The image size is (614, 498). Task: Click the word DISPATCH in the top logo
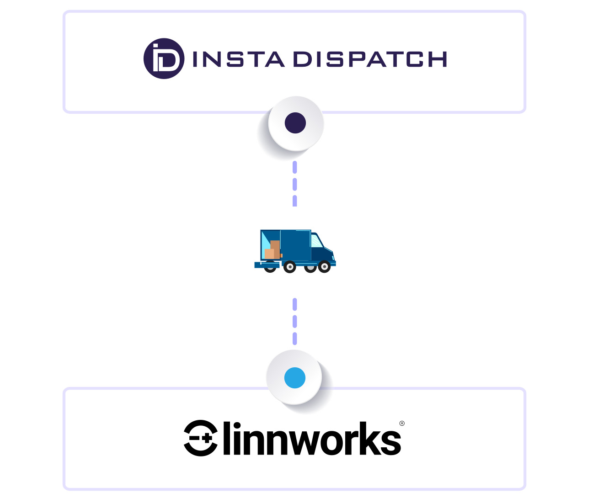click(369, 59)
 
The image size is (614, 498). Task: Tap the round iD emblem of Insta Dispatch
click(164, 58)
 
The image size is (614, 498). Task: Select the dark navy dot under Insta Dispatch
click(295, 123)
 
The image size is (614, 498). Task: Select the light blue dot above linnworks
click(295, 378)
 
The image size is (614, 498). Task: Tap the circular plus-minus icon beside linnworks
click(201, 438)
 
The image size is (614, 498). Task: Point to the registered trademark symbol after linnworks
click(402, 424)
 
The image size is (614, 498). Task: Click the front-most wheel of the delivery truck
click(324, 266)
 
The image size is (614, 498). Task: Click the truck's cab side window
click(316, 241)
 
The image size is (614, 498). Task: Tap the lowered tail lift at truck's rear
click(267, 265)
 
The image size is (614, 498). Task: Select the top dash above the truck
click(295, 167)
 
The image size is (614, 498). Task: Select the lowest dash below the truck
click(295, 339)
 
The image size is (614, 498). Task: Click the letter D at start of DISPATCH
click(301, 59)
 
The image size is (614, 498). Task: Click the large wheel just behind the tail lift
click(289, 267)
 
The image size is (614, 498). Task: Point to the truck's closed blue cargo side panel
click(295, 246)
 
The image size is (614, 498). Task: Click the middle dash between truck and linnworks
click(295, 321)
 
